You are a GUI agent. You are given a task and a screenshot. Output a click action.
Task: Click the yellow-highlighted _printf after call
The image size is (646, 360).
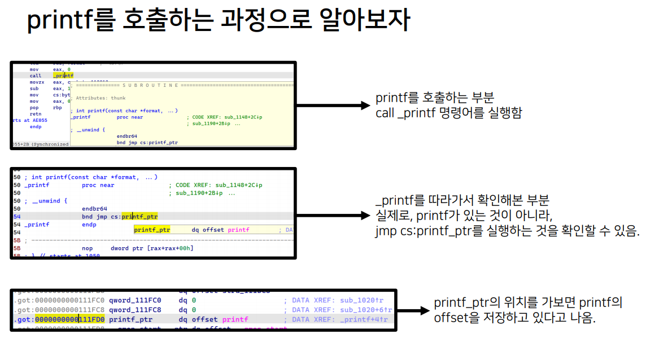[63, 75]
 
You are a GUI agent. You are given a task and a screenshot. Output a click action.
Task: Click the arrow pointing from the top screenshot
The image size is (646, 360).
[333, 106]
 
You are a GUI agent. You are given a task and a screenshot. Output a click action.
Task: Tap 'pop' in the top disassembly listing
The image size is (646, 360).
[34, 107]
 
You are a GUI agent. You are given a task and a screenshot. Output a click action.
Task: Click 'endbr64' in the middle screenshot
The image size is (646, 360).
[94, 208]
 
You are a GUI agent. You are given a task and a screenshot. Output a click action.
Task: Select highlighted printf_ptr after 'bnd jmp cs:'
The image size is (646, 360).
[139, 216]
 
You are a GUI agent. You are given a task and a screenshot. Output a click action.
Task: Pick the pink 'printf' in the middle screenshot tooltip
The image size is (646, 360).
[238, 230]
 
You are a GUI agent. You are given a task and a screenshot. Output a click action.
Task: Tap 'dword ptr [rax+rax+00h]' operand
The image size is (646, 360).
[152, 248]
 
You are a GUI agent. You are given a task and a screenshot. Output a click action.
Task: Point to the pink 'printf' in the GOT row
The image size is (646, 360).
[235, 319]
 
